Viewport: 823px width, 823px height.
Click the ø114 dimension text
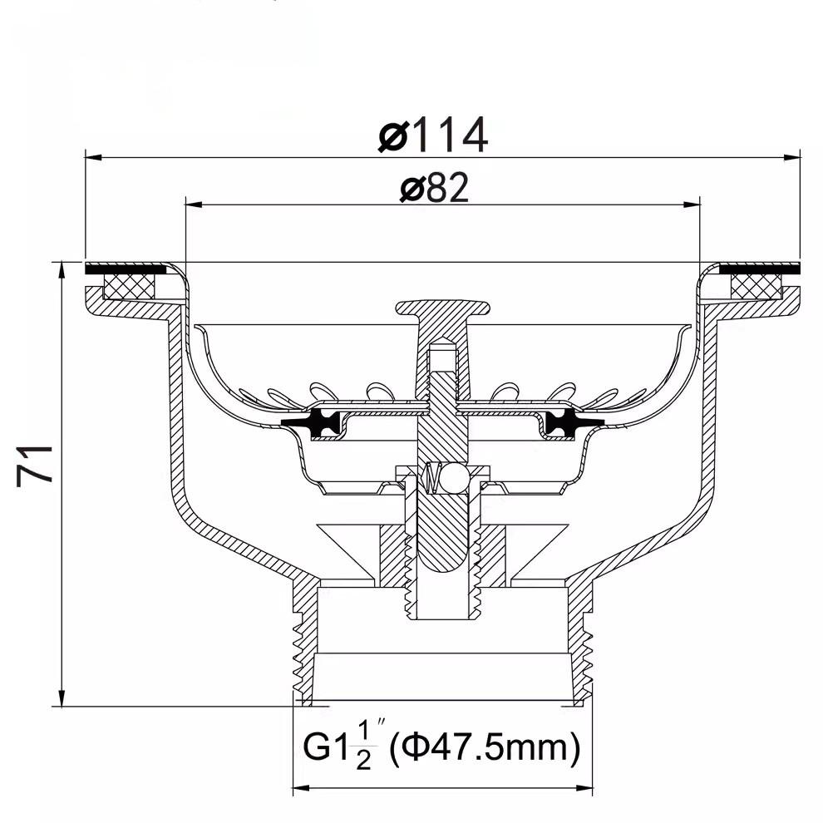(432, 136)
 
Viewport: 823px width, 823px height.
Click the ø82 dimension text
(433, 189)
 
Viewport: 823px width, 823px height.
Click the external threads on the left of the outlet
(297, 648)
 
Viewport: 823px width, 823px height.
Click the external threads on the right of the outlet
(588, 648)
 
